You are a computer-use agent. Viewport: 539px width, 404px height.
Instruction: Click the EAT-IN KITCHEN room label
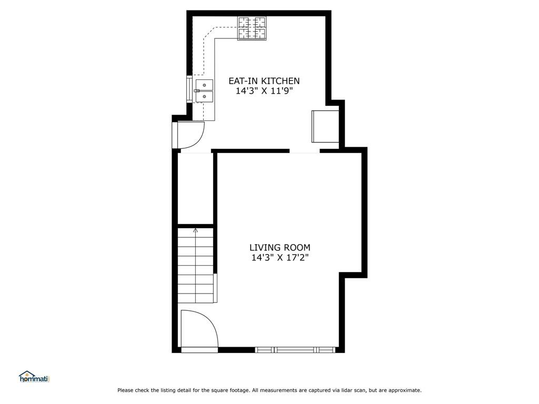pos(264,81)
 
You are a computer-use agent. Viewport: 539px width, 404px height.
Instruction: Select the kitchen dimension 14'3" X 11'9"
pos(264,91)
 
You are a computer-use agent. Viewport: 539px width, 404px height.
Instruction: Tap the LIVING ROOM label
pos(280,247)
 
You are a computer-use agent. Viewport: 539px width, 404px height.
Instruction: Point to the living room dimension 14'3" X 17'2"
pos(280,258)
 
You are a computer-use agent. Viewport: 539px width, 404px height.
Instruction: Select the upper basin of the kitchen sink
pos(204,85)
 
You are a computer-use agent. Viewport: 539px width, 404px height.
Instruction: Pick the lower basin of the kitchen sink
pos(204,96)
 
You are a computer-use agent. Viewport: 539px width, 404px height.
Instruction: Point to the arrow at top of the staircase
pos(195,230)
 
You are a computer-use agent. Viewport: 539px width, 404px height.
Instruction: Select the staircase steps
pos(195,266)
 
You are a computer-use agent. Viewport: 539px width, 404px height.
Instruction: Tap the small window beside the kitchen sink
pos(189,89)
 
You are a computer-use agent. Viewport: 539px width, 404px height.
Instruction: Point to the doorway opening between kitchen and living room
pos(304,151)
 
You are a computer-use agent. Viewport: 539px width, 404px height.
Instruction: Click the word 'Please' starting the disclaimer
pos(125,390)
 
